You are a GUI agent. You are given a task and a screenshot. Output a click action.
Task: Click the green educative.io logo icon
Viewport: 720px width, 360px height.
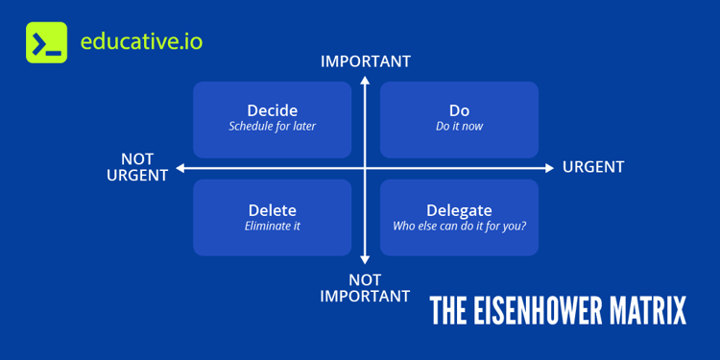point(46,42)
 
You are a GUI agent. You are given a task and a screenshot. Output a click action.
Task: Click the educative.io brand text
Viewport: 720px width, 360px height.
point(141,42)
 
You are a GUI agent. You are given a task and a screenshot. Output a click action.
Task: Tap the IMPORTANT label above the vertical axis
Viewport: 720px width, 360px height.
point(365,61)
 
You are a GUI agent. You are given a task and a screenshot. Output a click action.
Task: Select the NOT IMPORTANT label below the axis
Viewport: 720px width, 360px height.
point(365,288)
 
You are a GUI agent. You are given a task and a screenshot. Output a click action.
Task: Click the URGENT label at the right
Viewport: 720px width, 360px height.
point(593,167)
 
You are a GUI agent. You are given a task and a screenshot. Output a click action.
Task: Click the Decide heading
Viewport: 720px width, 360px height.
point(272,110)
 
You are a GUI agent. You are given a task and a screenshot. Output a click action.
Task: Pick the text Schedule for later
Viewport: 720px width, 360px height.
point(272,127)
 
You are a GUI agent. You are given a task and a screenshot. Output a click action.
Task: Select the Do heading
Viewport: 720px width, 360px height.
point(459,110)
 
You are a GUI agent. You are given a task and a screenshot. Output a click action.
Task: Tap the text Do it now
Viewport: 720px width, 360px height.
point(459,127)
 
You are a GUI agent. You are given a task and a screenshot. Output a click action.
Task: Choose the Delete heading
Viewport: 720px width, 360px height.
point(272,210)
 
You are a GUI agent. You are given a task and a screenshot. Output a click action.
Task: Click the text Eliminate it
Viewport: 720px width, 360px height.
point(272,227)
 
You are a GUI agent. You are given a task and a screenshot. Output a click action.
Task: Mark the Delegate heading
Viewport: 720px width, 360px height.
point(459,210)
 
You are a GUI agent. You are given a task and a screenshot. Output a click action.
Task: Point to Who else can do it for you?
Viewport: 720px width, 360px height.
point(459,227)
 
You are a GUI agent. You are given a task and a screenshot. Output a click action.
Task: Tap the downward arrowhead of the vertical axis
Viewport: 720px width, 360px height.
point(365,259)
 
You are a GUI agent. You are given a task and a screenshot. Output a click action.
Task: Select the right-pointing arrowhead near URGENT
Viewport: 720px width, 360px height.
point(549,168)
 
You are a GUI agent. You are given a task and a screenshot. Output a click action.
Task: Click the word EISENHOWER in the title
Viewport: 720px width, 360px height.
point(543,312)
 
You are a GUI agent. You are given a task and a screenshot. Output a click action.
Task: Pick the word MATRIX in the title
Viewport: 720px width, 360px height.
point(651,312)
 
